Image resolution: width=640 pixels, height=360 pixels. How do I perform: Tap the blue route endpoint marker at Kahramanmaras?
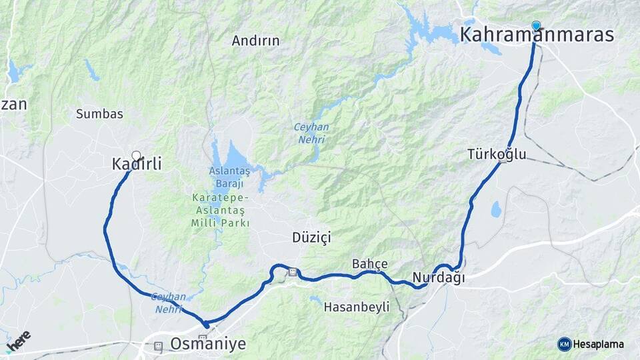tap(536, 26)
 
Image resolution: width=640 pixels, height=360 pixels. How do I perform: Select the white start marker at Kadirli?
tap(137, 156)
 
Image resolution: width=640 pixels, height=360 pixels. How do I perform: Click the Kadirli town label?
tap(137, 163)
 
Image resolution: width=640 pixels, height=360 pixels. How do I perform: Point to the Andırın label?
tap(255, 41)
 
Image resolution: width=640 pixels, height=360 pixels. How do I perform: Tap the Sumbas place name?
tap(99, 113)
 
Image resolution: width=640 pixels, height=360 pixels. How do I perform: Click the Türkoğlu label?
tap(497, 155)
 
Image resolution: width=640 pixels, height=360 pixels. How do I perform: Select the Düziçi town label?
tap(311, 237)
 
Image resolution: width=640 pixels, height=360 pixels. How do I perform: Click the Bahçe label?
tap(369, 264)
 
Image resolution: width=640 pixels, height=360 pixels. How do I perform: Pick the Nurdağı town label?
tap(438, 277)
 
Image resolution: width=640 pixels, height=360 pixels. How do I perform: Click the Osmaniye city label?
tap(208, 344)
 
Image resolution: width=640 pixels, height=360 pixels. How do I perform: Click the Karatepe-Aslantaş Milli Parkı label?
tap(220, 211)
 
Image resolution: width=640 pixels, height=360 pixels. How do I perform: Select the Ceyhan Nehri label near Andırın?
tap(309, 133)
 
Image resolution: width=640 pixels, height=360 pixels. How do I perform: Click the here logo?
tap(18, 341)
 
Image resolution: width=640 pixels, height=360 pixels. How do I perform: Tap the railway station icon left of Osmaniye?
tap(158, 346)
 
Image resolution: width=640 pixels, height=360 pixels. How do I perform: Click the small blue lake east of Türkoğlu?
tap(496, 209)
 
